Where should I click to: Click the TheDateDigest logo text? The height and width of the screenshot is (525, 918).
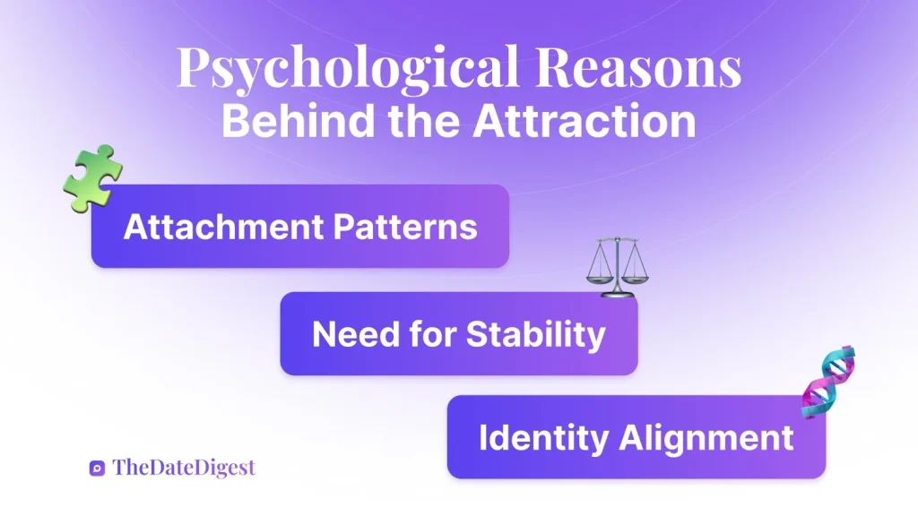tap(184, 467)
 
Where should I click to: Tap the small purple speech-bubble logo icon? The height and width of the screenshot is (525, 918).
tap(98, 468)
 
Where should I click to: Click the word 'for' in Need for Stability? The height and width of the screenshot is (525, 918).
tap(429, 334)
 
